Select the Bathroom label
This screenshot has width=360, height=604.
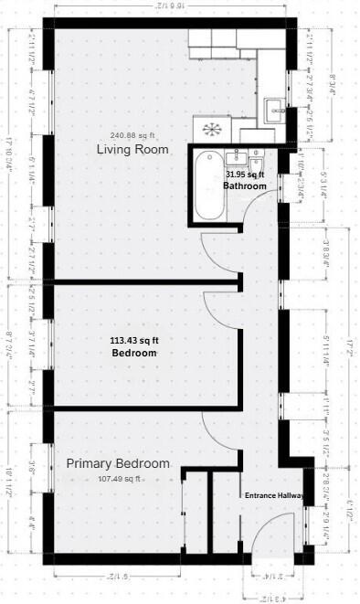[245, 186]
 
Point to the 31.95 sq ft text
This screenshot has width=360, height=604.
[245, 174]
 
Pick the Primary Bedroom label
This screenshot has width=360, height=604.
[118, 464]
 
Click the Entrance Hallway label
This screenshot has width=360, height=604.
[274, 495]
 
